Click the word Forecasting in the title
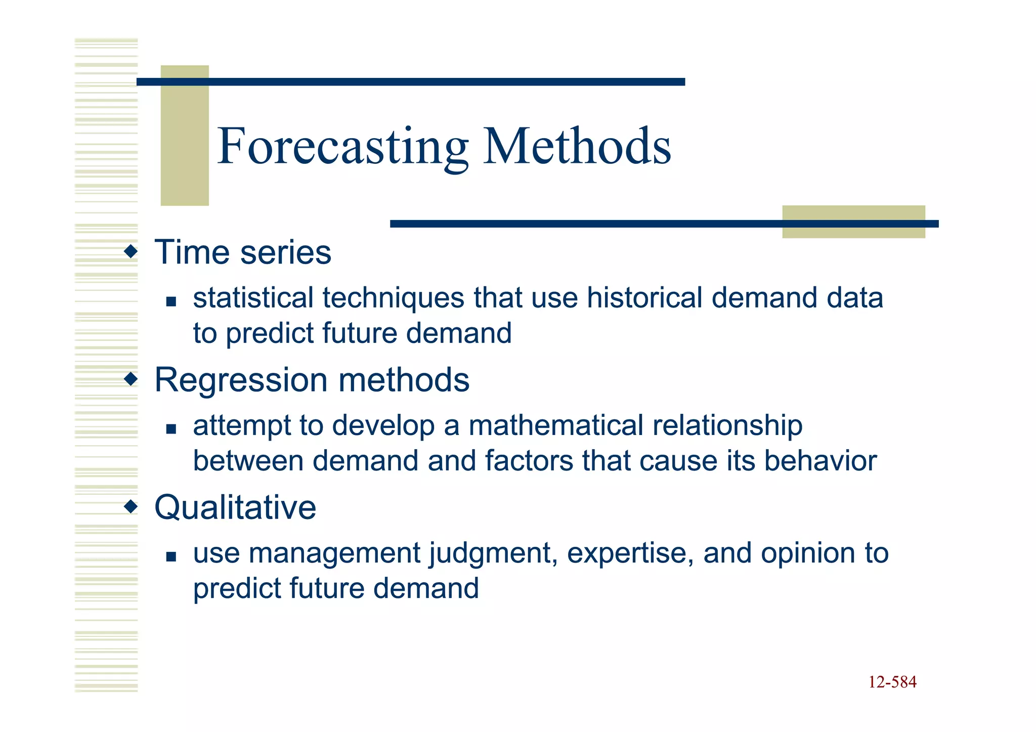342,147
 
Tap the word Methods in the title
577,147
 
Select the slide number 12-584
892,682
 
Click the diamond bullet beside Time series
131,251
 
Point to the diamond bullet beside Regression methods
131,378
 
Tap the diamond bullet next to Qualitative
131,506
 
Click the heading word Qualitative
235,507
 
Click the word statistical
253,297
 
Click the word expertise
630,553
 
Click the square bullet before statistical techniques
171,302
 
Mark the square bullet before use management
171,557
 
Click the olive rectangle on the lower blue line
853,222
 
